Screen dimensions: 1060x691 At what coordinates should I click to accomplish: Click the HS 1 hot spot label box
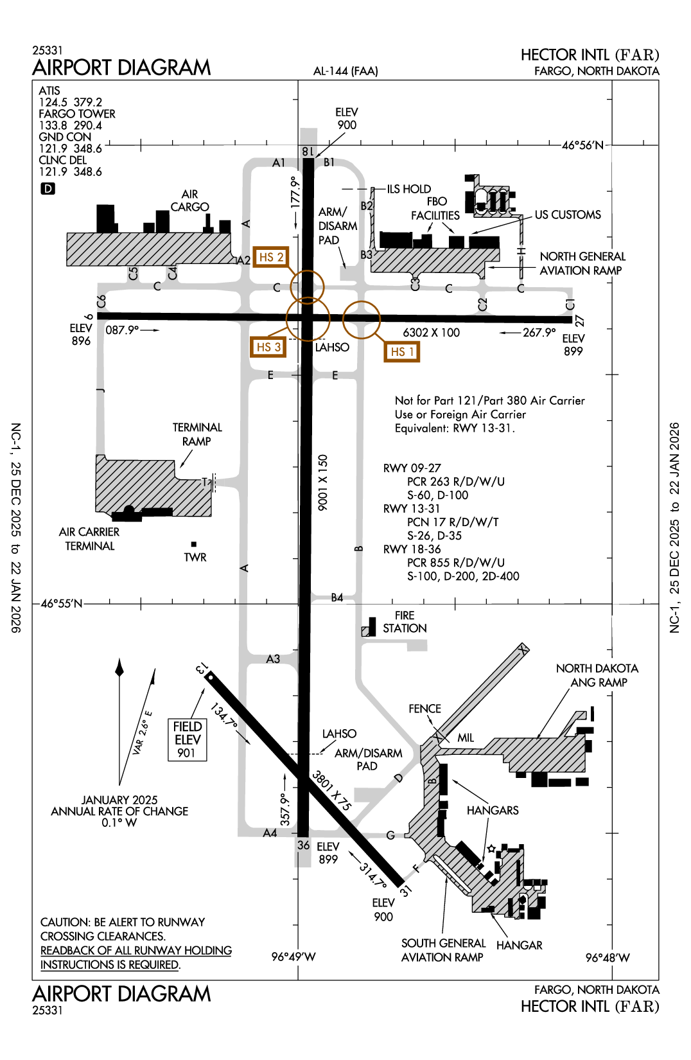402,351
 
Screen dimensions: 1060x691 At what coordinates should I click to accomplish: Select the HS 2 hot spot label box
270,257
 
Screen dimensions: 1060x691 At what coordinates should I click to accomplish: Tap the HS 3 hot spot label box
268,347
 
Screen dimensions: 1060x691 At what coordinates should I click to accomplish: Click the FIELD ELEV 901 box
187,739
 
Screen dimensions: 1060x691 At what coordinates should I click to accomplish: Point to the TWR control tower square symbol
194,544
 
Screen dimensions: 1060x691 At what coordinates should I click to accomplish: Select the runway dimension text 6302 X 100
431,333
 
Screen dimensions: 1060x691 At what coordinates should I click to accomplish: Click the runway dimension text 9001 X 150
323,482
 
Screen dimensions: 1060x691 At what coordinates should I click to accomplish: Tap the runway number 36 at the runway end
303,845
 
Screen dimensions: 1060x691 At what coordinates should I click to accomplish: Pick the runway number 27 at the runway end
579,321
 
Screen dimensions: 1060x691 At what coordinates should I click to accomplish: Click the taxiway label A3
273,659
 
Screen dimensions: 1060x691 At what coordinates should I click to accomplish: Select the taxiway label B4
337,598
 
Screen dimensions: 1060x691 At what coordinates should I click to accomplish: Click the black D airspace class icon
48,189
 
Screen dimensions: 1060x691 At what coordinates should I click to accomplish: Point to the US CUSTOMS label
568,215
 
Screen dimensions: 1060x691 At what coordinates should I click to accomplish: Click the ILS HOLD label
408,189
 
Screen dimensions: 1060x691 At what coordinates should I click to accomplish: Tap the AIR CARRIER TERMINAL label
89,539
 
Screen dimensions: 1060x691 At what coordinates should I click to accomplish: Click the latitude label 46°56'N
582,145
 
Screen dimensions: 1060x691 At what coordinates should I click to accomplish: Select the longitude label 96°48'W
608,958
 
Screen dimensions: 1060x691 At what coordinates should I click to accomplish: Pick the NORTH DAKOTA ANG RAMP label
597,675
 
